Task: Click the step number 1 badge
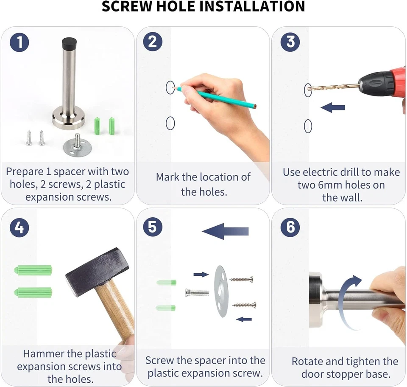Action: coord(19,42)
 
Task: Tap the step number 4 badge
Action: coord(19,227)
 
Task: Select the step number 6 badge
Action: coord(290,227)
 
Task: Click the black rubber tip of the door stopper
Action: coord(69,42)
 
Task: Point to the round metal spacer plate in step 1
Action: coord(74,148)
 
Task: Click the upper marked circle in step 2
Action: coord(170,87)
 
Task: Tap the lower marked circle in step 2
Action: coord(170,123)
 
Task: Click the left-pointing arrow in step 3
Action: coord(333,107)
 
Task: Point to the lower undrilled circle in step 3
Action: coord(308,126)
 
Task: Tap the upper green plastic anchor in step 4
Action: coord(33,270)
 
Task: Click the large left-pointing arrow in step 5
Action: coord(225,231)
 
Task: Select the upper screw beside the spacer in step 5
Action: coord(241,280)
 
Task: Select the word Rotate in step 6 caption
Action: coord(307,361)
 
